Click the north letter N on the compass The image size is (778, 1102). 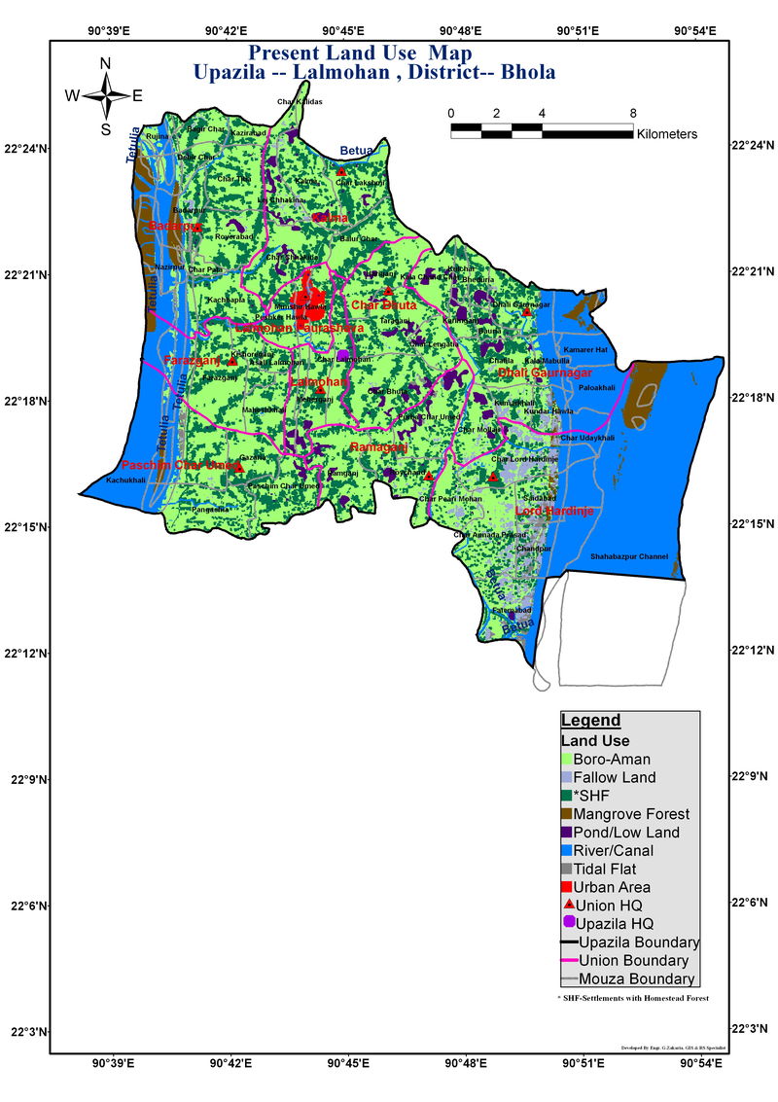point(106,64)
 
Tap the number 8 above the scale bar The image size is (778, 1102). point(633,113)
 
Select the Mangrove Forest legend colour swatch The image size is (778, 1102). point(565,814)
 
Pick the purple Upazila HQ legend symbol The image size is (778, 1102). point(569,922)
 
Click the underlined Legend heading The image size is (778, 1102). point(590,721)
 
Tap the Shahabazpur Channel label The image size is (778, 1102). point(629,556)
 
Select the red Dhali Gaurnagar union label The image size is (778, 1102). point(545,373)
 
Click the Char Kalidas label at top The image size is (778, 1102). point(299,102)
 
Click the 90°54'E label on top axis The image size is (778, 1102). point(697,31)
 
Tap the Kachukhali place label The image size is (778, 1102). point(125,480)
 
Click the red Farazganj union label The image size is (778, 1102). point(193,361)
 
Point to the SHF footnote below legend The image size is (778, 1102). point(626,998)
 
